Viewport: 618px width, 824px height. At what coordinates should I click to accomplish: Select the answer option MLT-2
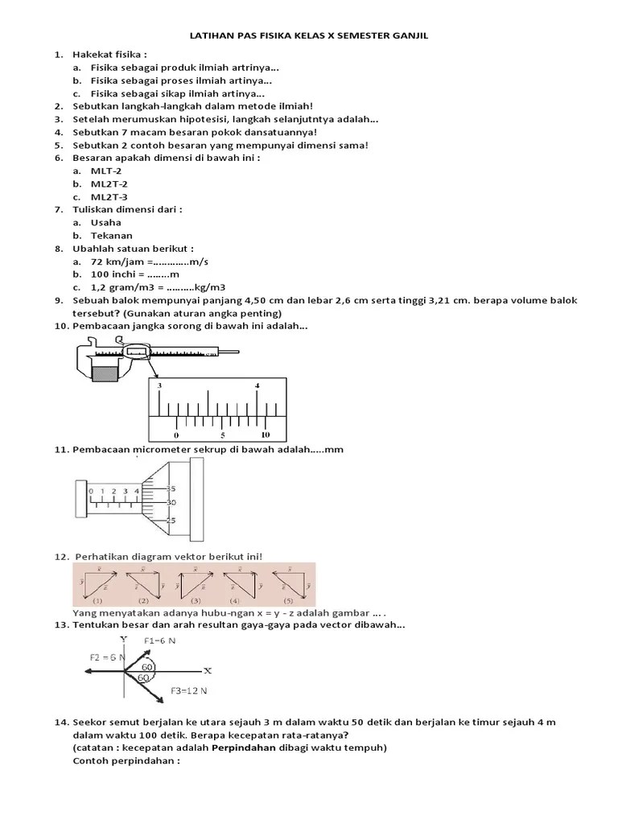106,171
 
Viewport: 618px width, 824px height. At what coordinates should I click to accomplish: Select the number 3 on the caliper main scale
159,386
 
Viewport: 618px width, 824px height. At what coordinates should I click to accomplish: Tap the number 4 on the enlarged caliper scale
257,386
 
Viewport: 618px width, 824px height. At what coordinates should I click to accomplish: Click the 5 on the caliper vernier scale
223,434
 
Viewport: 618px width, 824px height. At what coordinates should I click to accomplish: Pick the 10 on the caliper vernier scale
266,434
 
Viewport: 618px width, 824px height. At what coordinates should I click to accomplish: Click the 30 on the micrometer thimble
171,502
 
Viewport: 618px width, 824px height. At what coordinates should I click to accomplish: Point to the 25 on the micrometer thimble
171,521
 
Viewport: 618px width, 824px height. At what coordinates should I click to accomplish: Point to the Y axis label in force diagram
123,639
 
